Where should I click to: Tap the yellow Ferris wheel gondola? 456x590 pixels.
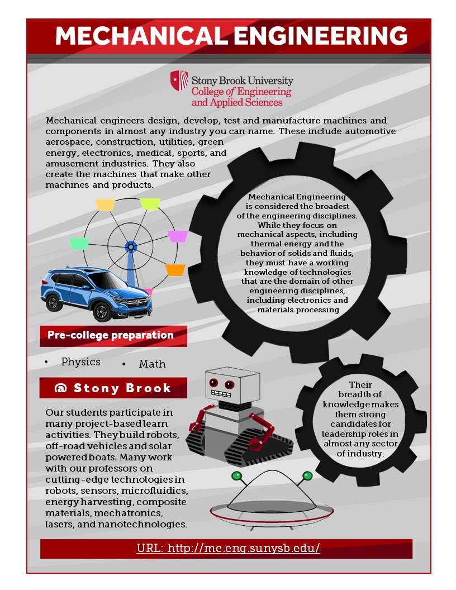point(105,204)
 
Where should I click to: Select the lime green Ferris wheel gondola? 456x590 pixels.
point(150,203)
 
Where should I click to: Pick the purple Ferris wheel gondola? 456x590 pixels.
point(178,236)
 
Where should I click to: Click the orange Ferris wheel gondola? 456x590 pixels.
point(175,269)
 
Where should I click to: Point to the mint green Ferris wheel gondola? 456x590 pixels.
point(79,244)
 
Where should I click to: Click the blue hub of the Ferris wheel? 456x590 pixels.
point(131,246)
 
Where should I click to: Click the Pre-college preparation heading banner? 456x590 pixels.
point(113,335)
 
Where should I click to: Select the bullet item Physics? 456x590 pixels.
point(81,361)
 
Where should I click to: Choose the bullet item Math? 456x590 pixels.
point(152,364)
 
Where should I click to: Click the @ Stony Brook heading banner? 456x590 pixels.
point(113,388)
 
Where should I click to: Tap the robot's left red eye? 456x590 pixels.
point(213,383)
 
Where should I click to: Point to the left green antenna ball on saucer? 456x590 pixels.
point(236,476)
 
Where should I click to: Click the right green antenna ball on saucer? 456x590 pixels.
point(307,476)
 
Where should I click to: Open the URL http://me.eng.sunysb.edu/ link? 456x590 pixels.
point(228,548)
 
